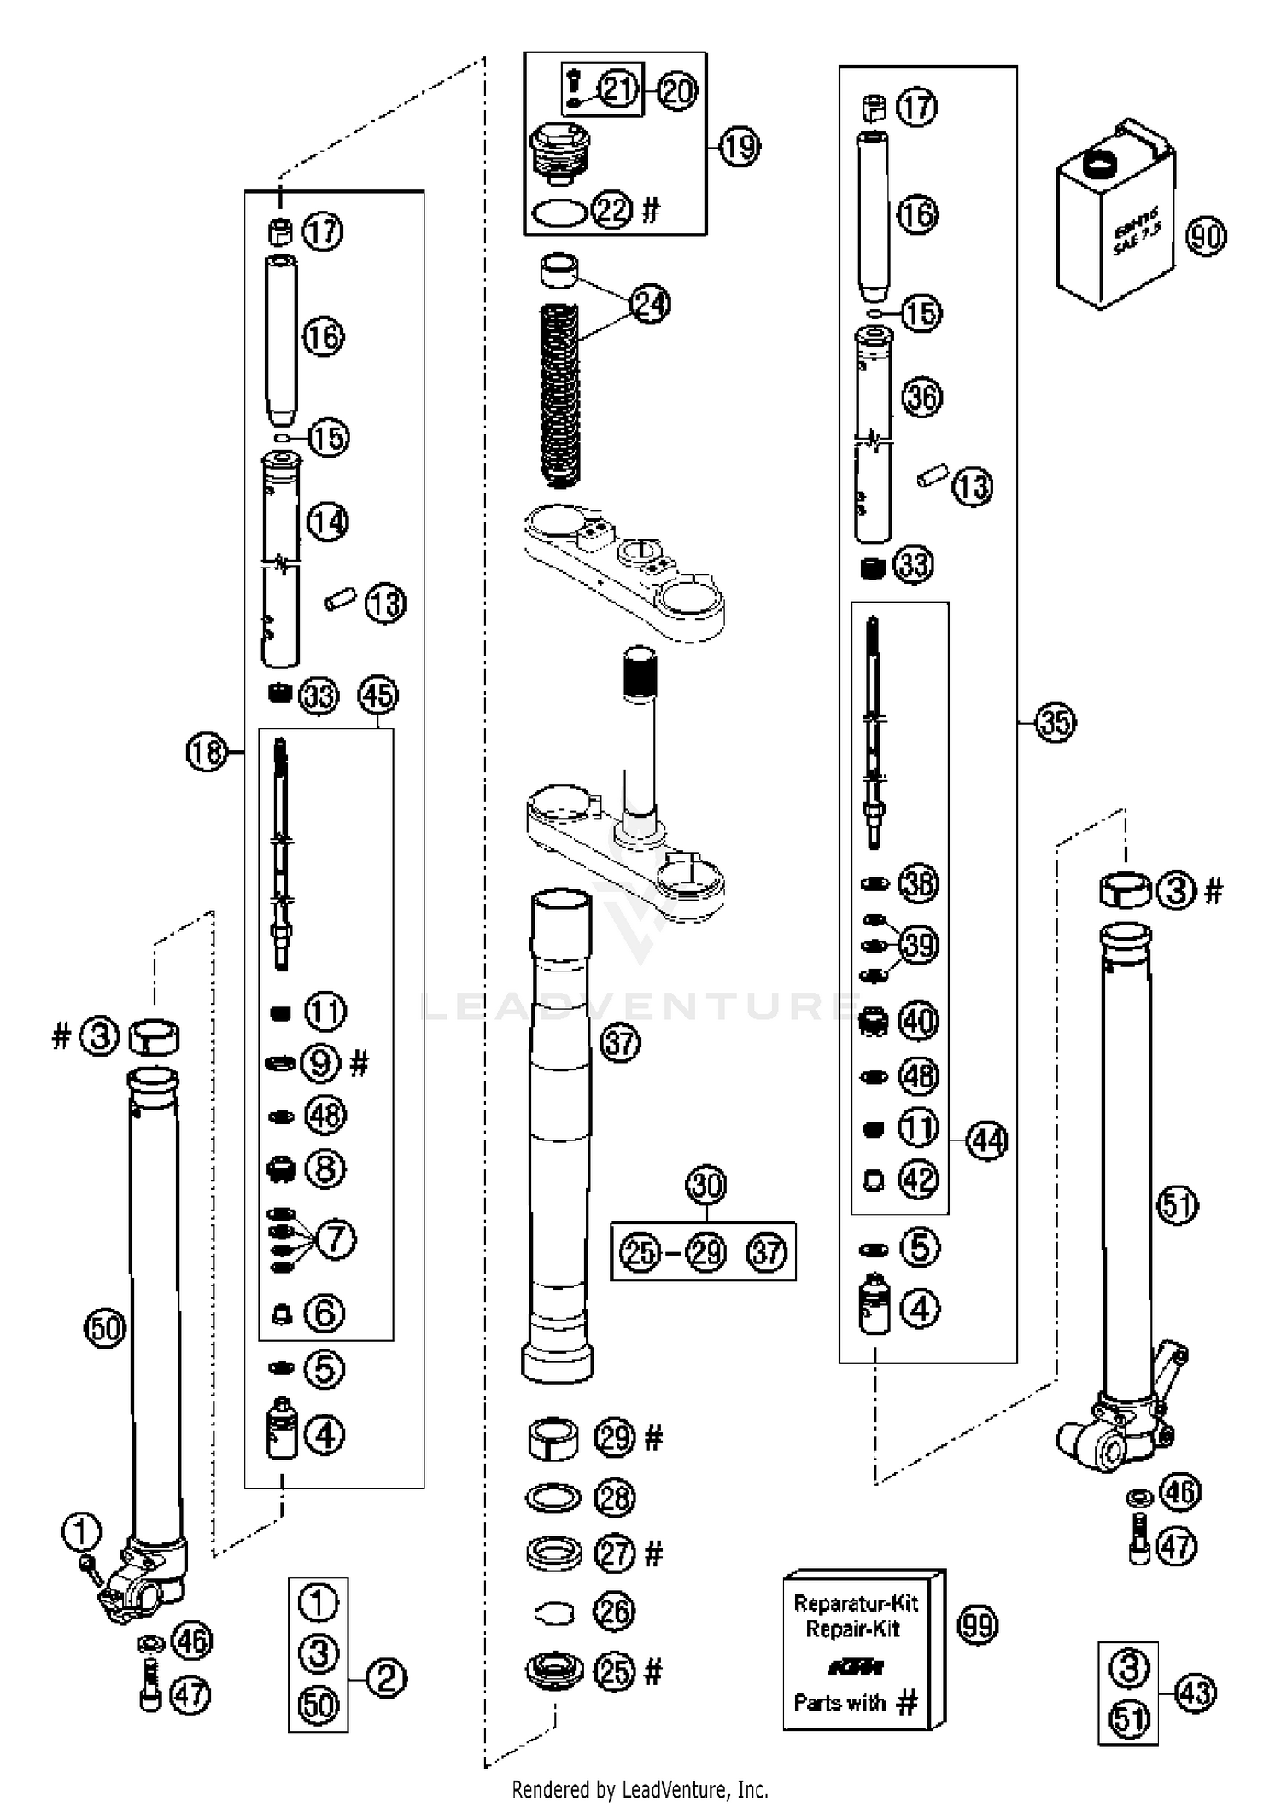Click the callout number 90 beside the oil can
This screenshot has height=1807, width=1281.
[x=1206, y=236]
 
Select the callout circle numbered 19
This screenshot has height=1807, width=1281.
[x=740, y=147]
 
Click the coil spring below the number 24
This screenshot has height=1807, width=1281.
[x=560, y=397]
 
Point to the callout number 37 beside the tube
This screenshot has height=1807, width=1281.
[x=620, y=1043]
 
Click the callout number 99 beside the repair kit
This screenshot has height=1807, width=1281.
[x=978, y=1625]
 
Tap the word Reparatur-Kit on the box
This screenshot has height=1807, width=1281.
[x=856, y=1603]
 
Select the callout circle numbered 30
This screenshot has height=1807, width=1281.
[x=705, y=1186]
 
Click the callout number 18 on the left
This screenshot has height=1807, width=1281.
[x=207, y=753]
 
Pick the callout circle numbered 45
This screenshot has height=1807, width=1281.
[x=378, y=695]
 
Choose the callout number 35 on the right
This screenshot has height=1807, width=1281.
[x=1055, y=722]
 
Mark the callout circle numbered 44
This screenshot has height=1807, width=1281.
[x=987, y=1140]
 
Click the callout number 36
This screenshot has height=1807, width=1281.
[x=921, y=398]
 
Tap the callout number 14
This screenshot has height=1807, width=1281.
[x=328, y=522]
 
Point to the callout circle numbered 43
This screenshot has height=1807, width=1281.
[x=1196, y=1692]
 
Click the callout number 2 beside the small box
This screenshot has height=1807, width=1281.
[x=386, y=1679]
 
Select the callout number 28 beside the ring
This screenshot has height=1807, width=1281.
[x=614, y=1497]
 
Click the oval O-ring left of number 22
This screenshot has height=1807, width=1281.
[x=559, y=213]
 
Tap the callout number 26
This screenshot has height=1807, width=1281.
[x=614, y=1612]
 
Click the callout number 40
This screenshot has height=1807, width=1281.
[x=919, y=1021]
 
